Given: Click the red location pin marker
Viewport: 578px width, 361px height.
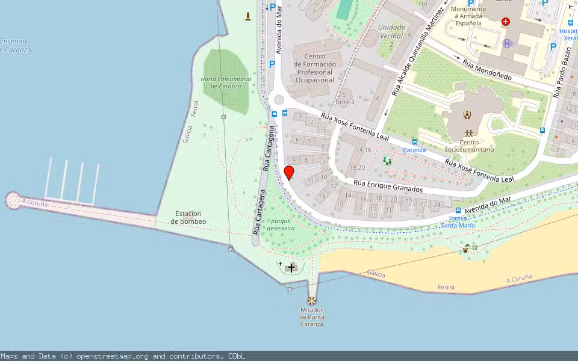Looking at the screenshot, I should tap(289, 173).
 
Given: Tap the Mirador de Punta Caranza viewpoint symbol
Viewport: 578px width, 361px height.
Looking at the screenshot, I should tap(312, 300).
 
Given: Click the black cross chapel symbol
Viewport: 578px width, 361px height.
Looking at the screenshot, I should tap(291, 268).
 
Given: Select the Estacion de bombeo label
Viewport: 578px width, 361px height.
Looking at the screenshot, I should tap(188, 218).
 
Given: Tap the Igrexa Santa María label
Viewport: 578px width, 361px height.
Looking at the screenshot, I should tap(458, 222).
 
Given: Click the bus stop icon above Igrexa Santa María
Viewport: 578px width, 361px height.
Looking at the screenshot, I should tap(458, 211).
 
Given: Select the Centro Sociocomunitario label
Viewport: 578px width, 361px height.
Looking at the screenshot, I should tap(468, 146).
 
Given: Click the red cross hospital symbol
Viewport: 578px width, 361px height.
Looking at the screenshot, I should tap(505, 22).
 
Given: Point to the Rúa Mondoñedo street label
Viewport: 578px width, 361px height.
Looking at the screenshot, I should tap(486, 70).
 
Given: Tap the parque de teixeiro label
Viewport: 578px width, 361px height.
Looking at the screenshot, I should tap(282, 224).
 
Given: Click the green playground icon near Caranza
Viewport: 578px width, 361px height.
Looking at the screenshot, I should tap(387, 161).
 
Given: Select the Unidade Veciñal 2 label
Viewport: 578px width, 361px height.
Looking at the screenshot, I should tap(391, 35).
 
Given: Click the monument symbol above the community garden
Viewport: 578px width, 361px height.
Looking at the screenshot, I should tap(247, 16).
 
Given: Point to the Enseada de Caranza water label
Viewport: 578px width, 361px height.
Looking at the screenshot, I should tap(14, 45).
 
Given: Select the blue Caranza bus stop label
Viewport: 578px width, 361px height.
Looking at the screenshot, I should tap(414, 150).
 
